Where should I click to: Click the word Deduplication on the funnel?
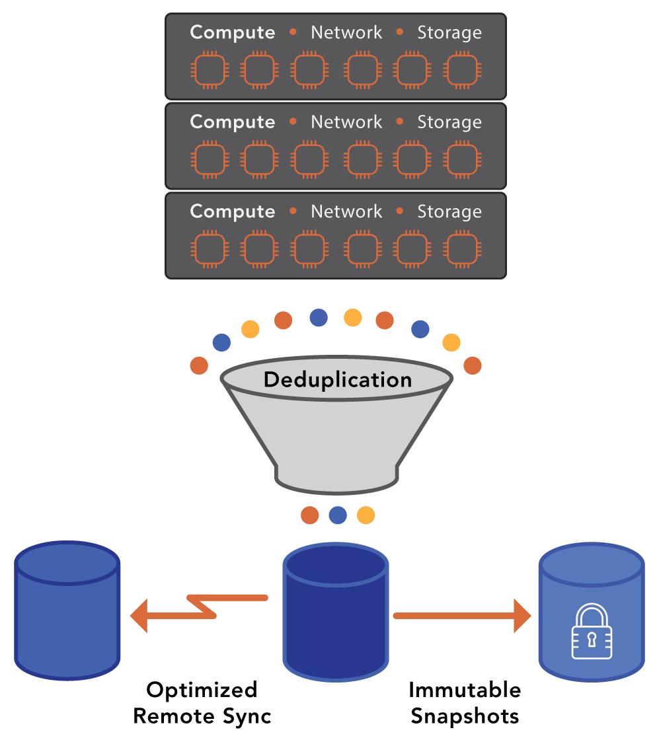337,380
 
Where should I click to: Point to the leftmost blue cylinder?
67,611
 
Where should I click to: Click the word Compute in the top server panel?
232,32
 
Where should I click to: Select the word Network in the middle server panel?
346,122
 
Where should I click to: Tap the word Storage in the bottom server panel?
449,212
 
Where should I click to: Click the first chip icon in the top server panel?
209,69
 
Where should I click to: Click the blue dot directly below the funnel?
338,515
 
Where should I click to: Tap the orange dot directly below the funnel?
309,515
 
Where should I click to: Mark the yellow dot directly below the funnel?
366,515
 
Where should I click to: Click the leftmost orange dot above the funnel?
199,365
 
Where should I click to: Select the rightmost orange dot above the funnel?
473,365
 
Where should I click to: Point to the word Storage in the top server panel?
449,32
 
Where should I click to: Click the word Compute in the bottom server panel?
232,212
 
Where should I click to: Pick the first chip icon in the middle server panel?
209,159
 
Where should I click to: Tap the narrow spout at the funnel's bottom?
337,477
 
